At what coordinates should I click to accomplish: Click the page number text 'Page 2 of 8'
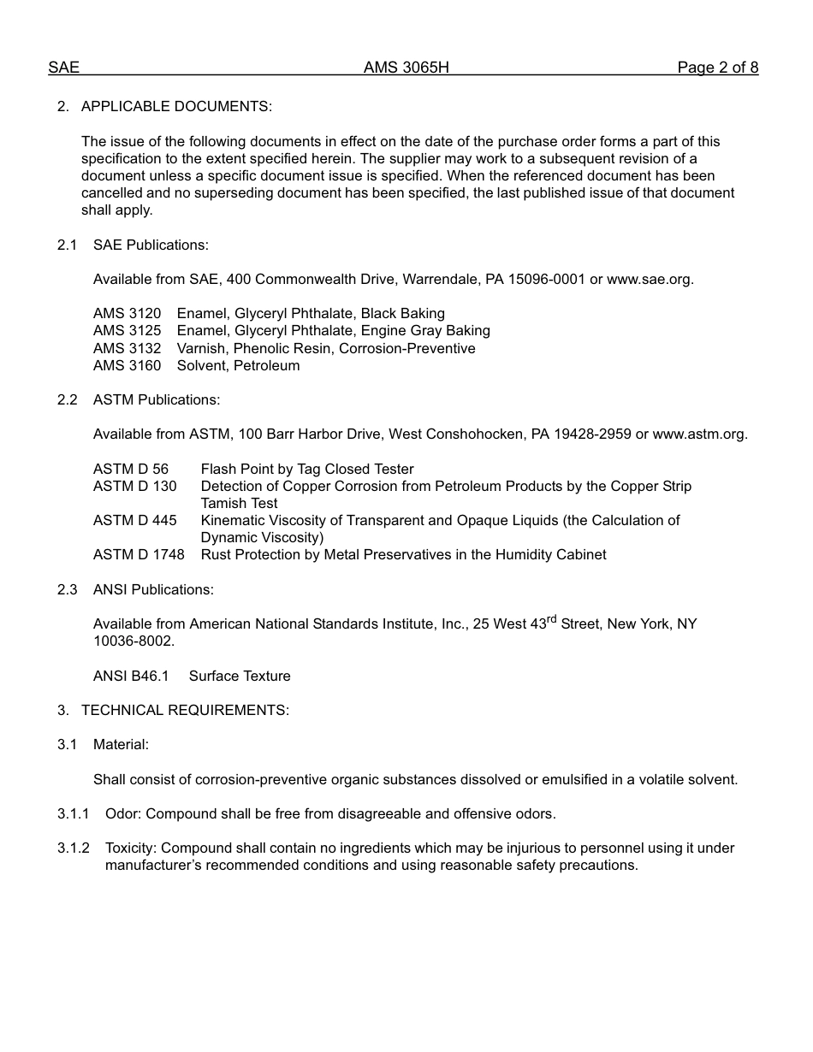717,68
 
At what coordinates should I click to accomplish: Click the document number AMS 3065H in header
406,68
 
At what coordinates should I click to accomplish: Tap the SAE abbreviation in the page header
63,68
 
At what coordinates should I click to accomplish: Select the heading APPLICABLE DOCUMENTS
176,107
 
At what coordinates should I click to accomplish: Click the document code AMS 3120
127,314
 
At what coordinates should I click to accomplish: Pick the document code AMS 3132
127,349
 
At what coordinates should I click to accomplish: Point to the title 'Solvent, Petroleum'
238,366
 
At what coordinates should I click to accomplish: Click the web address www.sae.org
650,280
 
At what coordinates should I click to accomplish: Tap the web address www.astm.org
699,434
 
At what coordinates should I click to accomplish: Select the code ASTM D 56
131,470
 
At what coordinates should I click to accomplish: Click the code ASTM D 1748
139,555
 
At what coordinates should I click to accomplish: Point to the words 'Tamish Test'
239,504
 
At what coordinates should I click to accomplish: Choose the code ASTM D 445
135,521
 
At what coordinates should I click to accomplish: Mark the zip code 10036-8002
133,641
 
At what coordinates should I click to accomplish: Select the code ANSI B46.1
131,677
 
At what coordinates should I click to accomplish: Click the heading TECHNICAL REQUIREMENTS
185,711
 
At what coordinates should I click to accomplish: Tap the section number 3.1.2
74,848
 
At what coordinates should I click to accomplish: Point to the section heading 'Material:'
121,745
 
